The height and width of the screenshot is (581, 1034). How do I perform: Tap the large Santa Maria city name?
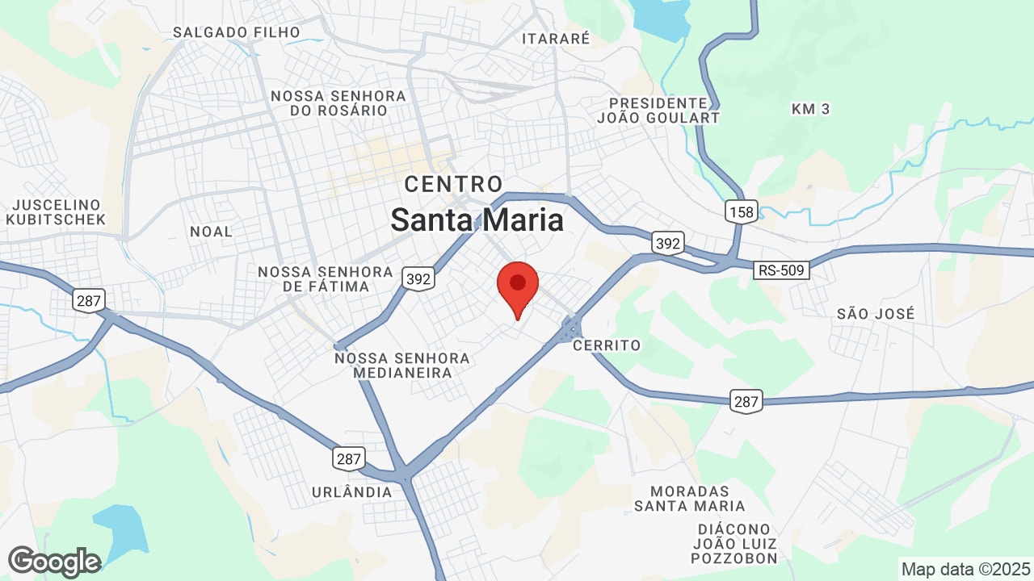pos(477,219)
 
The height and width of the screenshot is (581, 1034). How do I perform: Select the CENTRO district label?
pos(453,184)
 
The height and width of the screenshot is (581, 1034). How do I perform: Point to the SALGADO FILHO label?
pos(237,32)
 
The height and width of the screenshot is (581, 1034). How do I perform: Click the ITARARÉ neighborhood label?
pos(556,38)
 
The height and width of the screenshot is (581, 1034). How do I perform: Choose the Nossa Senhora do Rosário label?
pos(338,102)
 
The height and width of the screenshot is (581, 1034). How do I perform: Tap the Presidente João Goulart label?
pos(658,110)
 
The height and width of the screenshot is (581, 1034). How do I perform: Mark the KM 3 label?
pos(810,108)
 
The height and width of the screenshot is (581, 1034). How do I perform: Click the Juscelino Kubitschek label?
pos(55,211)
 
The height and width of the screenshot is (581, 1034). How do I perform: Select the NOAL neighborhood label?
pos(211,232)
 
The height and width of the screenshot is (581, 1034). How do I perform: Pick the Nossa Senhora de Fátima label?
pos(326,278)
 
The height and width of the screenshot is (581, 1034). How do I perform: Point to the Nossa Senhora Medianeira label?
pos(402,365)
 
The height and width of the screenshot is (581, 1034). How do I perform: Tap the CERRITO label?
pos(607,345)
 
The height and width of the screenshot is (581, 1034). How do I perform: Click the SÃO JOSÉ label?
pos(876,314)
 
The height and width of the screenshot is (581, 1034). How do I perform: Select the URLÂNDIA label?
pos(352,491)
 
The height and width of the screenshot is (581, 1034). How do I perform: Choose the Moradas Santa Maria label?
pos(689,498)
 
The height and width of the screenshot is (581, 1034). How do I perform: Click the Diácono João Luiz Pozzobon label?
pos(734,543)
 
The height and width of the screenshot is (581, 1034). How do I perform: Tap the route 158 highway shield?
pos(741,211)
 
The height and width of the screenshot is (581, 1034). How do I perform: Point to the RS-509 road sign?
pos(782,270)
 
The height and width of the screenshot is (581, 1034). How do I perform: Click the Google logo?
pos(54,562)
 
